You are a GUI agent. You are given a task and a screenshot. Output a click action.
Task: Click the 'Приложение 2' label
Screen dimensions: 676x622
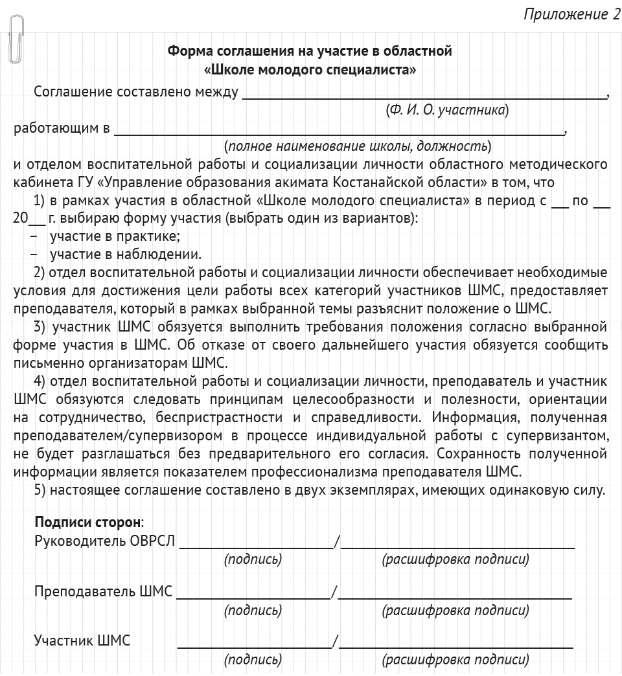click(571, 14)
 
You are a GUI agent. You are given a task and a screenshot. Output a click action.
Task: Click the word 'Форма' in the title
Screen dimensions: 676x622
click(186, 51)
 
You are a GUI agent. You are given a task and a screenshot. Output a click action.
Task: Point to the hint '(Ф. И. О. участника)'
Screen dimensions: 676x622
click(446, 110)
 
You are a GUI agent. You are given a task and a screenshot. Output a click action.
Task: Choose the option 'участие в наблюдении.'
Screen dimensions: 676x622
click(125, 254)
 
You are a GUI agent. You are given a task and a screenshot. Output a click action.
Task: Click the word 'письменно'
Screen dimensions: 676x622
click(46, 362)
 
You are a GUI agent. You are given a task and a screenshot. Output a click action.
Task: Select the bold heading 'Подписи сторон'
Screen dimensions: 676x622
click(87, 522)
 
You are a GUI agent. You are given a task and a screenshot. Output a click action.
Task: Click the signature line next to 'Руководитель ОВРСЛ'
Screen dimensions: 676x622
click(256, 546)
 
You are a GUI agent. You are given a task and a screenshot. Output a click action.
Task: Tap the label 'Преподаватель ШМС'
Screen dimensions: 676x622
click(104, 591)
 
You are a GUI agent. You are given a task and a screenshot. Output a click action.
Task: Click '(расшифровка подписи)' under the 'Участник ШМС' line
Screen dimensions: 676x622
click(455, 660)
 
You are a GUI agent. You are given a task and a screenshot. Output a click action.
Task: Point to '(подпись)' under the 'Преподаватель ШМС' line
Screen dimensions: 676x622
click(253, 610)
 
